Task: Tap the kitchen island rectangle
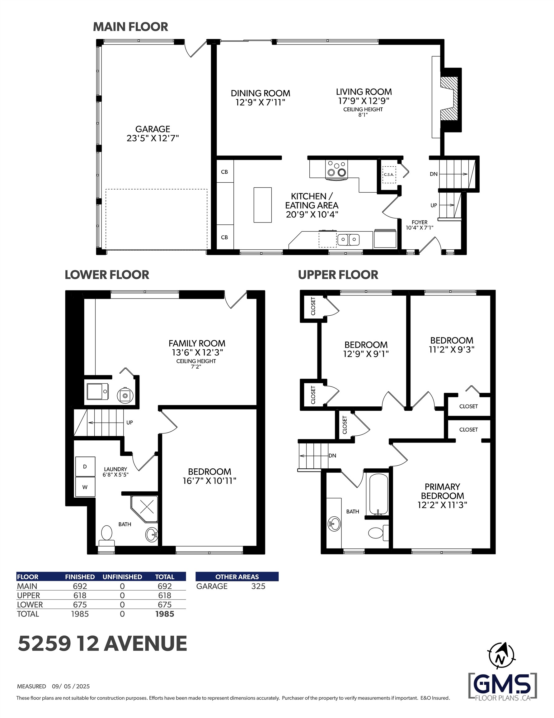pos(262,205)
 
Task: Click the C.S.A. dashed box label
pos(389,175)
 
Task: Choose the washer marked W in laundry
pos(85,487)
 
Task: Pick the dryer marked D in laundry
pos(85,467)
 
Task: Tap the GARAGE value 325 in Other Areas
pos(258,586)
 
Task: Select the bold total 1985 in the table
pos(165,614)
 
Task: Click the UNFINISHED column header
pos(122,577)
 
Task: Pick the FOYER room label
pos(420,222)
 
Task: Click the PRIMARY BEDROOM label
pos(442,491)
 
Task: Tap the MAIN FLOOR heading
pos(130,26)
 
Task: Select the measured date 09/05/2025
pos(71,687)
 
